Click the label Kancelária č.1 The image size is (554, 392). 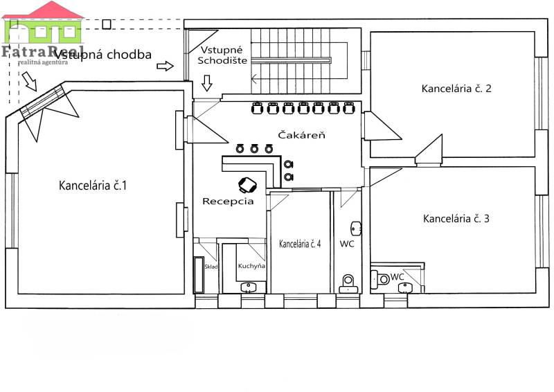pyautogui.click(x=93, y=186)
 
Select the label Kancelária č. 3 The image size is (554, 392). pyautogui.click(x=456, y=219)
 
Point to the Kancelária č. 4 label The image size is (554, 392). pyautogui.click(x=299, y=244)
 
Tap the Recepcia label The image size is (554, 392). pyautogui.click(x=228, y=202)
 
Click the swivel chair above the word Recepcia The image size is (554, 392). pyautogui.click(x=247, y=184)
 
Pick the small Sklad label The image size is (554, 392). pyautogui.click(x=211, y=267)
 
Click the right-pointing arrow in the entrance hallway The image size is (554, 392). pyautogui.click(x=166, y=66)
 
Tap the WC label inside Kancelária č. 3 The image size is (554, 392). pyautogui.click(x=397, y=277)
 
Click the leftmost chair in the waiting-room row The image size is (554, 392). pyautogui.click(x=257, y=107)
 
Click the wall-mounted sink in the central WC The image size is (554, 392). pyautogui.click(x=356, y=228)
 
